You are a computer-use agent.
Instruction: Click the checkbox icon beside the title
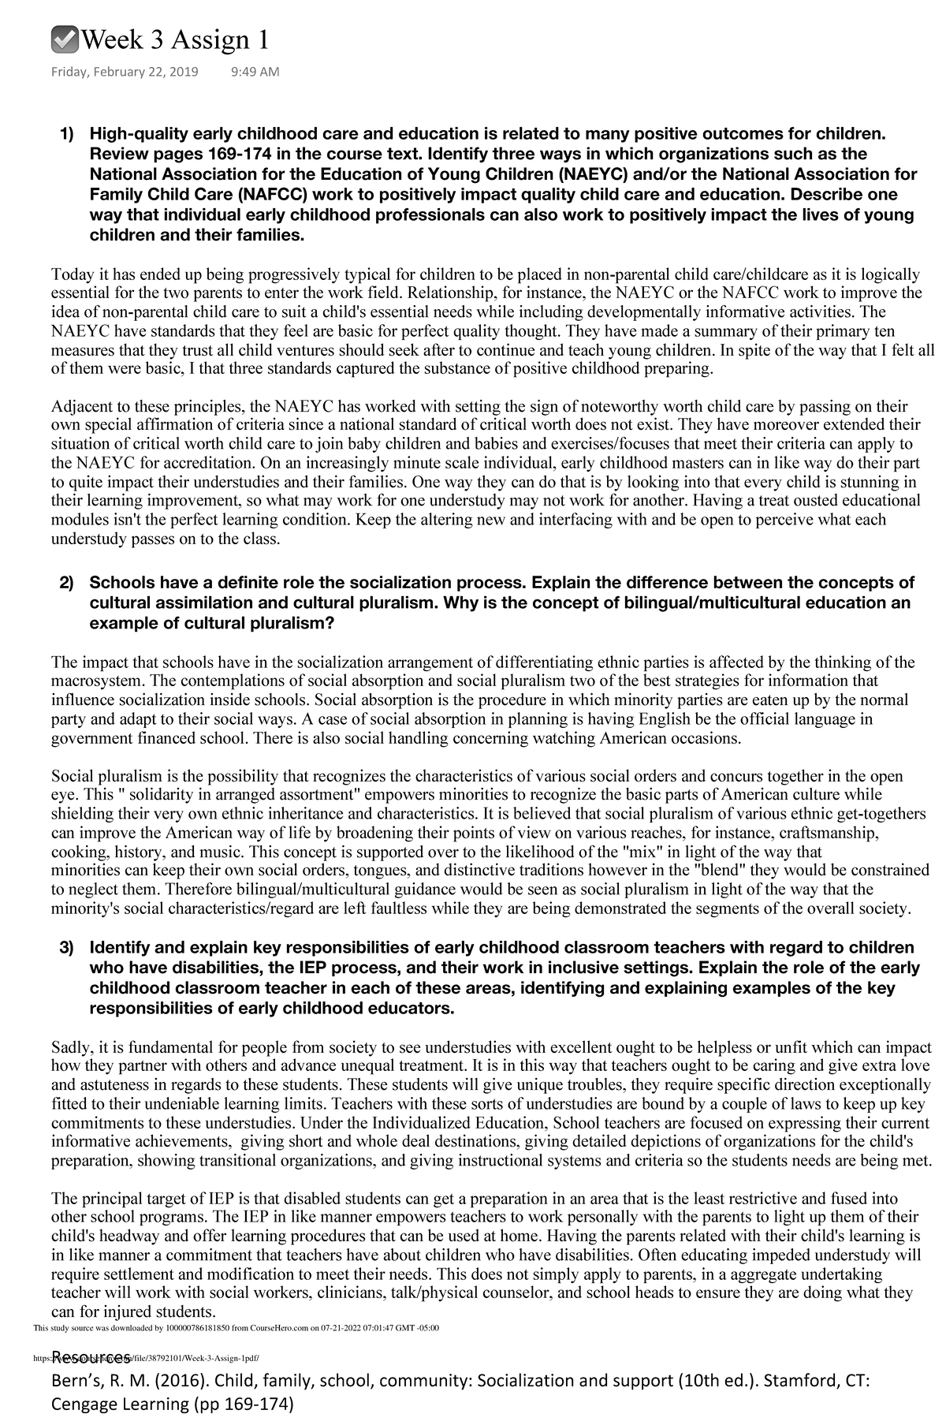click(x=63, y=39)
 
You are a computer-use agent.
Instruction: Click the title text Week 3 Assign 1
click(x=174, y=39)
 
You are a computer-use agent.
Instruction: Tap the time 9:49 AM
click(x=255, y=73)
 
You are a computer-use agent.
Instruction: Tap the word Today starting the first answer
click(x=72, y=275)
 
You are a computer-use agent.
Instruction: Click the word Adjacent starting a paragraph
click(x=80, y=407)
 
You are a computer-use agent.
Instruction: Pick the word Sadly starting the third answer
click(x=71, y=1048)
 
